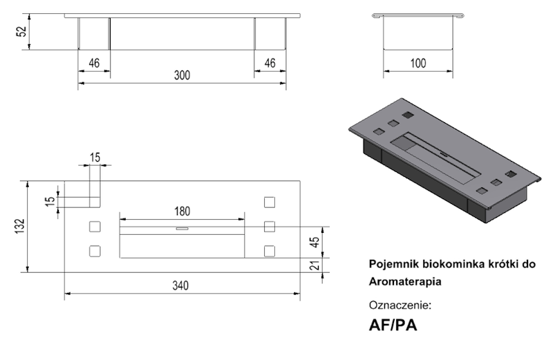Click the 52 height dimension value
(x=21, y=32)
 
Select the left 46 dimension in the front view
(x=94, y=63)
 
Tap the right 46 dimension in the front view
(x=270, y=63)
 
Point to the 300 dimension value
(x=181, y=75)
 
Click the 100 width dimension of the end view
(x=418, y=63)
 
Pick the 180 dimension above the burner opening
(x=182, y=211)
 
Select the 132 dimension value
(x=20, y=226)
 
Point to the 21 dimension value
(x=314, y=266)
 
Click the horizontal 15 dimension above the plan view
(x=95, y=158)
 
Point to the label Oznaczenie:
(x=401, y=304)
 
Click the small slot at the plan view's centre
(x=182, y=229)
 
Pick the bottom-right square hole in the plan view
(x=270, y=250)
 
